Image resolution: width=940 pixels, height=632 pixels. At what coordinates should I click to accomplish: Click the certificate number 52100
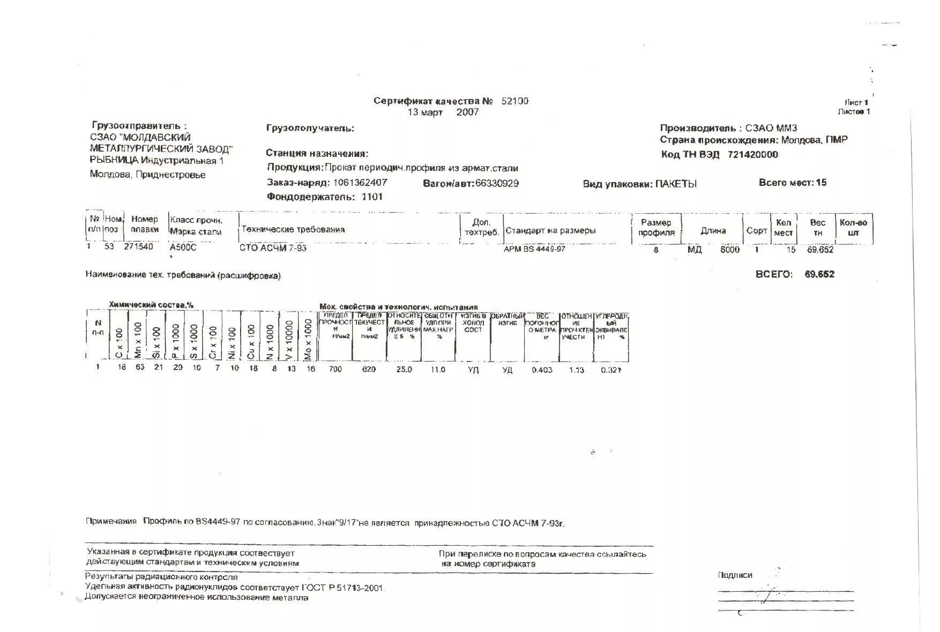point(514,101)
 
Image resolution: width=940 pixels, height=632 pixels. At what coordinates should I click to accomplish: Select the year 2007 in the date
point(467,112)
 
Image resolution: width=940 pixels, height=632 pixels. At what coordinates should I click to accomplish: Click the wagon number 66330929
point(497,183)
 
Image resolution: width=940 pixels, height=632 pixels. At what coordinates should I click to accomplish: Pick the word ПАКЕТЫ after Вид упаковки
point(676,184)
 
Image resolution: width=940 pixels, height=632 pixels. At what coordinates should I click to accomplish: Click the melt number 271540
point(138,247)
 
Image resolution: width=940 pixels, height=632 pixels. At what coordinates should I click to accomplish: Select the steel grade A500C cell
point(183,248)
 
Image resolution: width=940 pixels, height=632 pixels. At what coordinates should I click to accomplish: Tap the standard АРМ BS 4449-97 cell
point(534,249)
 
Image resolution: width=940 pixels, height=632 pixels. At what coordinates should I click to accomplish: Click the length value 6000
point(729,250)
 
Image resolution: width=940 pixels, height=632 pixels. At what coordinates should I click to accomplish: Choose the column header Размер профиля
point(656,228)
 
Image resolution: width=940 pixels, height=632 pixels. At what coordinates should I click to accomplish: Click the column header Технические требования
point(293,229)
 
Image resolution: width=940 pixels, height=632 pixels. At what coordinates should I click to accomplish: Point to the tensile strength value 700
point(335,369)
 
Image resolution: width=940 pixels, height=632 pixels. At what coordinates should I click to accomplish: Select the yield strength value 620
point(369,369)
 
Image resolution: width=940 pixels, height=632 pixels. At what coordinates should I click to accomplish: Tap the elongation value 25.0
point(404,370)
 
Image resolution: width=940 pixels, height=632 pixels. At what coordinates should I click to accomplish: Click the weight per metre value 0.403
point(542,370)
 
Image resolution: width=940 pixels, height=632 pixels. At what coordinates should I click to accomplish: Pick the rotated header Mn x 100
point(138,340)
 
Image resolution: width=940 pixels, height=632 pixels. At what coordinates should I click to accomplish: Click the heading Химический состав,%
point(151,305)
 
